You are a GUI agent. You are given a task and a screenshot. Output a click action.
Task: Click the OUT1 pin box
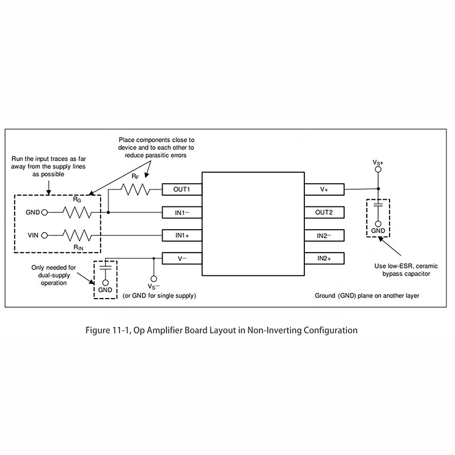(x=182, y=189)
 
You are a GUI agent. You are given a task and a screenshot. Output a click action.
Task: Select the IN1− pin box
(x=182, y=213)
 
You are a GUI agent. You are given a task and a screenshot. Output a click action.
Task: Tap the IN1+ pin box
(x=182, y=235)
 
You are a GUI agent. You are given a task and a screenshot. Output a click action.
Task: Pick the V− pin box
(x=182, y=258)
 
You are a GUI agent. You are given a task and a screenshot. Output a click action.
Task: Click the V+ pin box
(x=324, y=189)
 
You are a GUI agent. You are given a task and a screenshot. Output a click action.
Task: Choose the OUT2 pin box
(x=324, y=213)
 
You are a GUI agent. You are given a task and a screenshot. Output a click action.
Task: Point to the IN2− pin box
(x=324, y=235)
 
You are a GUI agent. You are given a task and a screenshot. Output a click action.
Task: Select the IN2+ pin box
(x=324, y=258)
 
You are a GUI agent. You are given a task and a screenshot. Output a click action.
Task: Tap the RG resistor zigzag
(x=77, y=213)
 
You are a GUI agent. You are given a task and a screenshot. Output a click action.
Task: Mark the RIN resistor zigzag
(x=77, y=234)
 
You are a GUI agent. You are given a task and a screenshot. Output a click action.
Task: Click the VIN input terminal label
(x=32, y=234)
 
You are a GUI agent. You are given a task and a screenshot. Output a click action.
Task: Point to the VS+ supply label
(x=378, y=163)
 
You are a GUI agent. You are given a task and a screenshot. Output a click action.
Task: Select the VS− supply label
(x=153, y=287)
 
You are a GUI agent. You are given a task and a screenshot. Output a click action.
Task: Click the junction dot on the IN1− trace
(x=108, y=213)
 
